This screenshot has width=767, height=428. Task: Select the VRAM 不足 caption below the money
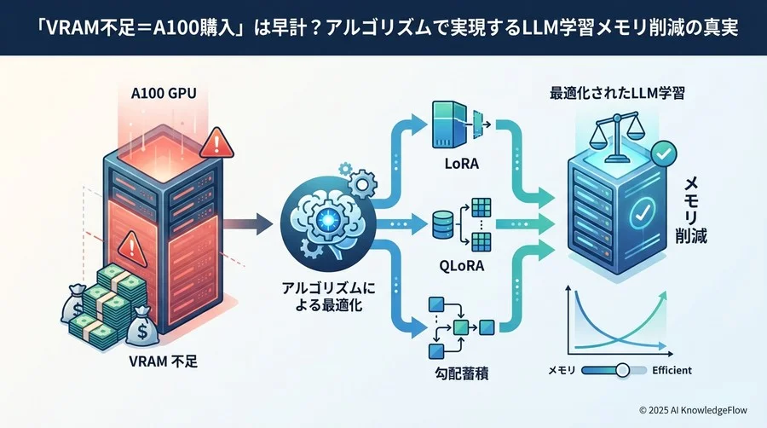point(162,363)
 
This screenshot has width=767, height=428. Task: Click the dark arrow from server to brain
point(248,225)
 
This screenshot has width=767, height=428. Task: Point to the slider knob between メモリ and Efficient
point(623,370)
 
